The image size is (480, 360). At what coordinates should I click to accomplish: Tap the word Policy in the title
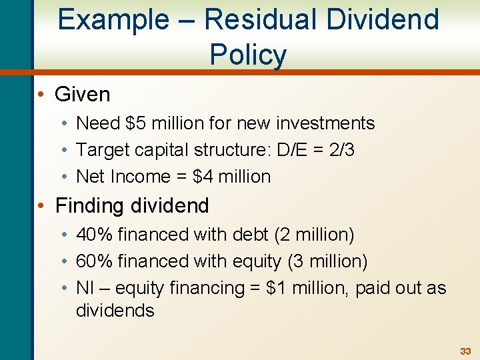(248, 54)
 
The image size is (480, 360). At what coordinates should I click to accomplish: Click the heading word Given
(82, 94)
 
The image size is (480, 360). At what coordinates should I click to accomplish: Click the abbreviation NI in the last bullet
(85, 288)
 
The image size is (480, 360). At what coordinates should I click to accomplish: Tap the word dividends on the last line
(115, 311)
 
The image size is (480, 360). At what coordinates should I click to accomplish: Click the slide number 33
(465, 351)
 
